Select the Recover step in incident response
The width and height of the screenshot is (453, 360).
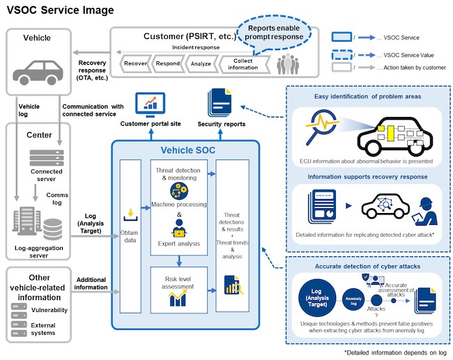134,63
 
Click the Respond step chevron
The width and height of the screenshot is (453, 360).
168,63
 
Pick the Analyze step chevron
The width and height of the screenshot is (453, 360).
201,63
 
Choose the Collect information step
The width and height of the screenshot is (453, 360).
242,63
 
